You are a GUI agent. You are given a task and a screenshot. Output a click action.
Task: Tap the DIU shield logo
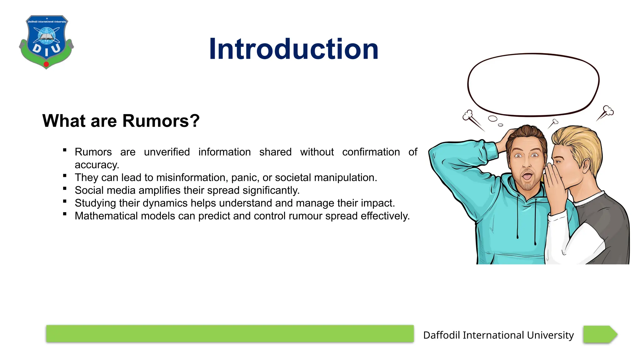coord(47,42)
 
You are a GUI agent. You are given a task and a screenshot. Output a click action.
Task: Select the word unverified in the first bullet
coord(167,152)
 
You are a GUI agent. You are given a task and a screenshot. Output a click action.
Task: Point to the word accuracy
coord(97,165)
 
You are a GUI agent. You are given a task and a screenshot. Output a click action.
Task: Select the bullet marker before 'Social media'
coord(65,189)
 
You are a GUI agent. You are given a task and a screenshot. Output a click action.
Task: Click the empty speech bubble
coord(533,84)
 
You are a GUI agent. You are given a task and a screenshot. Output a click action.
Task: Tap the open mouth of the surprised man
coord(527,177)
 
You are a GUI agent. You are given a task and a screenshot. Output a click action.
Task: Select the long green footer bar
coord(230,334)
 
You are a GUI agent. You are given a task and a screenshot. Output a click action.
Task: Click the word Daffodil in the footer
coord(441,335)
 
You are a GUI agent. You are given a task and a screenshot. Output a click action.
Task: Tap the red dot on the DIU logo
coord(46,64)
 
